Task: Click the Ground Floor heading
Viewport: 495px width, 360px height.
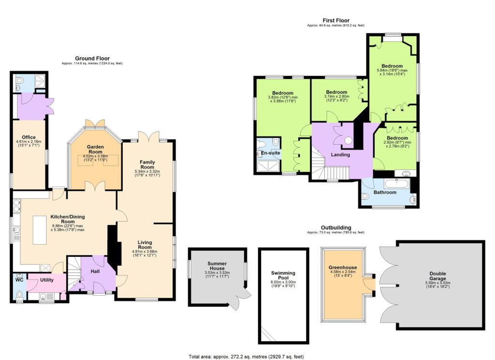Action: [92, 58]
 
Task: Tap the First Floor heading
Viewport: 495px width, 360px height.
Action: [336, 20]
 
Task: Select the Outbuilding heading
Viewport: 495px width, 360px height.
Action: [336, 227]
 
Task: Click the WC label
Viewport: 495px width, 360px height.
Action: [19, 279]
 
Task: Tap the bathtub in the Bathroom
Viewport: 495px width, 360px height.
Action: [396, 183]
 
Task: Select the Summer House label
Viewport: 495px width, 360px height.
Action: [217, 265]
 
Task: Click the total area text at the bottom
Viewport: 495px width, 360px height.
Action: [246, 357]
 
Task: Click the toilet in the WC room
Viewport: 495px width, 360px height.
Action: [19, 294]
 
